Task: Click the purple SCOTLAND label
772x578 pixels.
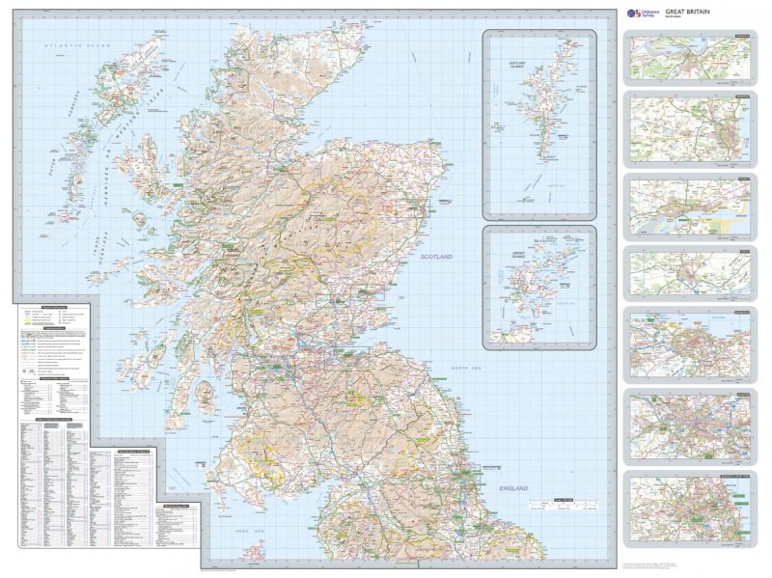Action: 436,257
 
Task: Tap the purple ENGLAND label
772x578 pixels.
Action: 513,489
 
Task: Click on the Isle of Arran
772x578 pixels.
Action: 204,395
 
